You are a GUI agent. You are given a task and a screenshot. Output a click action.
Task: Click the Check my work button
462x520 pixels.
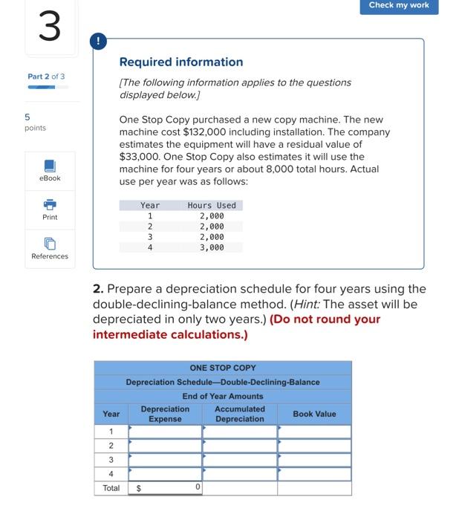(399, 6)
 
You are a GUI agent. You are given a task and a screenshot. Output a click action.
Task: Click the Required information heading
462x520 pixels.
(181, 62)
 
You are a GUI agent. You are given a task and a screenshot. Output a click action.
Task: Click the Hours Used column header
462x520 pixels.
(212, 205)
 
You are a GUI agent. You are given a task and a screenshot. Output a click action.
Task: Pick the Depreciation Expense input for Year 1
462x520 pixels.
(166, 432)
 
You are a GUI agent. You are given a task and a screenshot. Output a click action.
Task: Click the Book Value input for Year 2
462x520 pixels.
(314, 446)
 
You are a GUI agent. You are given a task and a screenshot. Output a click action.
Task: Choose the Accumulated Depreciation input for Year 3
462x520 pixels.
(239, 460)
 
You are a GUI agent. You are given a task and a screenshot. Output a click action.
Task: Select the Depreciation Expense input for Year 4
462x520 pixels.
(166, 474)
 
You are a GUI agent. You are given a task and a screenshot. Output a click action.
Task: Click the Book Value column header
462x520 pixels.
(314, 414)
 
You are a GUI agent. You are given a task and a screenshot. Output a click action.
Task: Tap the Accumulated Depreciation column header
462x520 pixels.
(239, 414)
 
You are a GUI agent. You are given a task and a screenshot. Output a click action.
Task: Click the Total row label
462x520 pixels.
(111, 488)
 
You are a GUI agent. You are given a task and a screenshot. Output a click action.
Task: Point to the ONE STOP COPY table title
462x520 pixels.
(223, 368)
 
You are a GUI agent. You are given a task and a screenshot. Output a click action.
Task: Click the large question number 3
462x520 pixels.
(50, 27)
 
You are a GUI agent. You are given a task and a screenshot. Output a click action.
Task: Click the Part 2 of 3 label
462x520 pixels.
(46, 77)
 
